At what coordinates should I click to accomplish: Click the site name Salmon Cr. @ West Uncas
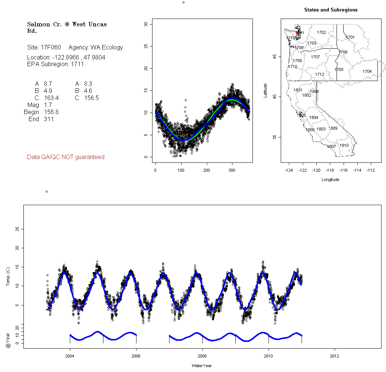67,25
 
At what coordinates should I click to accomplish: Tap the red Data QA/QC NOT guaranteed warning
66,157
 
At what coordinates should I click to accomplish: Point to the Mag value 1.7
48,105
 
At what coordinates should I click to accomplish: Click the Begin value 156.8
51,112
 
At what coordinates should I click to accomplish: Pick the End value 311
49,119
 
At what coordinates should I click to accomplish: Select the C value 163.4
51,98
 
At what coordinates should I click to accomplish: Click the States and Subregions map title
331,10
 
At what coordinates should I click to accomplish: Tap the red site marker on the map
297,33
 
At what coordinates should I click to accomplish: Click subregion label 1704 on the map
367,71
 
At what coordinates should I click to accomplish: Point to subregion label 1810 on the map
344,145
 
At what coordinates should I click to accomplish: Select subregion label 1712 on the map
319,75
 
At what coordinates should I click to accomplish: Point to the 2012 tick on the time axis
335,356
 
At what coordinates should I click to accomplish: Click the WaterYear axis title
202,366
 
